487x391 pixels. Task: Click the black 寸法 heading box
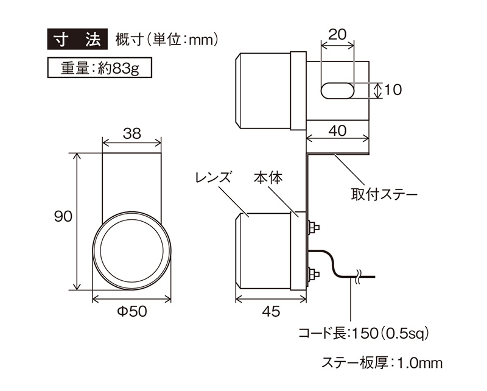[x=77, y=39]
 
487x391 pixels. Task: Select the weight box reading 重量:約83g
[x=99, y=68]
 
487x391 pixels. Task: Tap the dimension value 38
[x=132, y=133]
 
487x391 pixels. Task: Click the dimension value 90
[x=63, y=216]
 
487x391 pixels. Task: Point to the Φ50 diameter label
[x=132, y=311]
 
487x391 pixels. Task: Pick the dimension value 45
[x=271, y=311]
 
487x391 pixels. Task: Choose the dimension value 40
[x=338, y=130]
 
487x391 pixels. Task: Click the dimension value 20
[x=337, y=34]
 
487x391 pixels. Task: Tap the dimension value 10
[x=393, y=90]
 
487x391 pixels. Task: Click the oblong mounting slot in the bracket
[x=337, y=91]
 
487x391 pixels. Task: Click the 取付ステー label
[x=385, y=195]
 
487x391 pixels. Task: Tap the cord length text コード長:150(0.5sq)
[x=363, y=334]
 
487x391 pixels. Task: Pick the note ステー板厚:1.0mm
[x=382, y=363]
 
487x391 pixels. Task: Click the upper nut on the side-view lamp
[x=314, y=227]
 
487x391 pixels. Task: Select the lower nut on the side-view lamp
[x=314, y=275]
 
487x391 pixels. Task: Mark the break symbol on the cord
[x=358, y=276]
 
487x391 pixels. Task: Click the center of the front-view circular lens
[x=131, y=251]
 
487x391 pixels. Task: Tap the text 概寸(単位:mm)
[x=167, y=40]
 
